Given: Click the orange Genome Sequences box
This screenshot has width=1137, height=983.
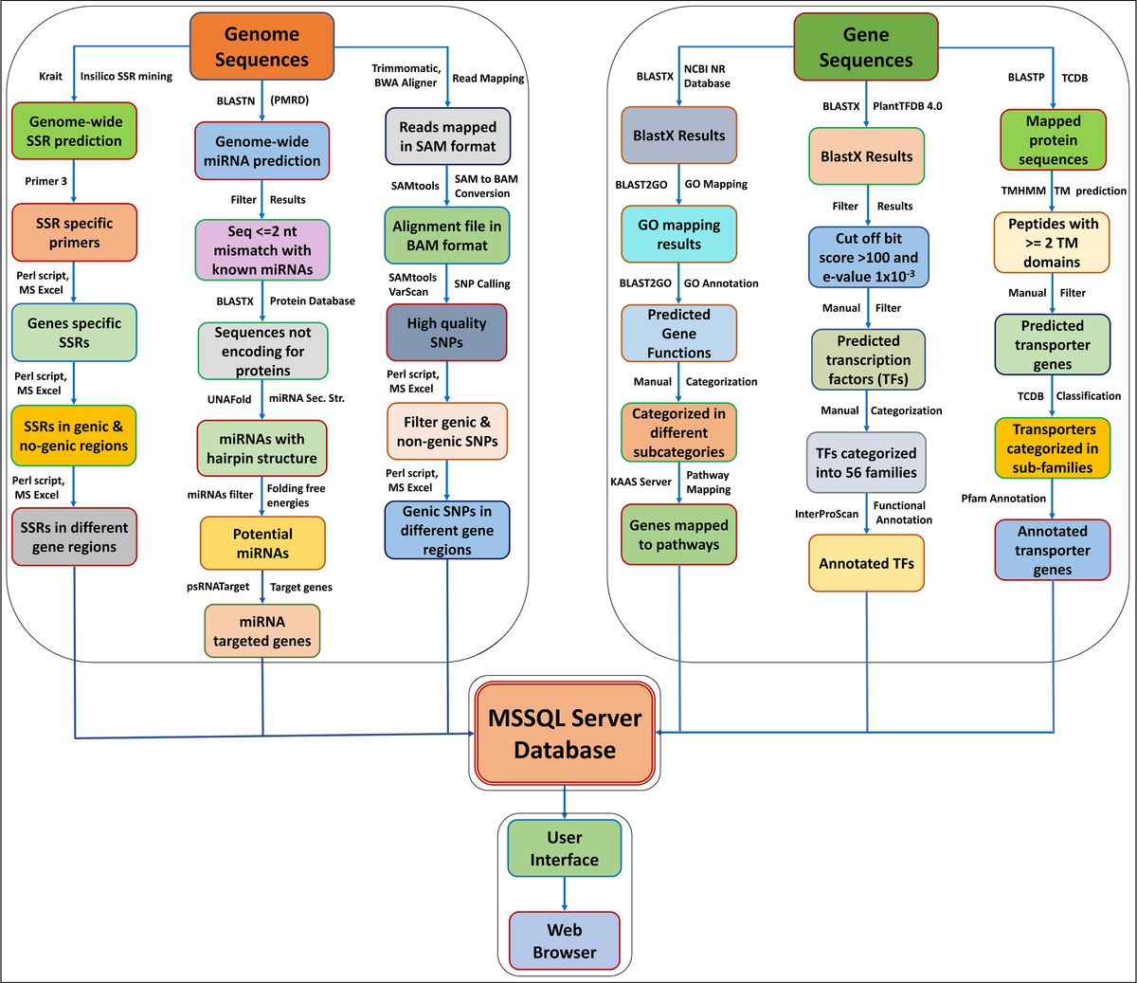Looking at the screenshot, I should tap(262, 46).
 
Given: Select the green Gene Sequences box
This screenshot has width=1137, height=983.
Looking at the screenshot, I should tap(866, 47).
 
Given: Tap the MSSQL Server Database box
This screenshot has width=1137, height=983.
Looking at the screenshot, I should tap(565, 734).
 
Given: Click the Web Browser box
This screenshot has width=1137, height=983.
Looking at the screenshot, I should tap(565, 940).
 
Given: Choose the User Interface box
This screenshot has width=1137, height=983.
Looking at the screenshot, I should tap(565, 848).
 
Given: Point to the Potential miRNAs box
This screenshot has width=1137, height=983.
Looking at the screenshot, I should tap(262, 543).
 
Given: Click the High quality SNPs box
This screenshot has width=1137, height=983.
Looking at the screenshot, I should tap(446, 333).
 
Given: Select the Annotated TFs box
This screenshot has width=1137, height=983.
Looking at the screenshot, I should tap(866, 563).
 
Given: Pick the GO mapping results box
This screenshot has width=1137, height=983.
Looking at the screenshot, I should tap(678, 234).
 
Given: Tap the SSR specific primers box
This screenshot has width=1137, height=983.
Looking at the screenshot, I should tap(74, 233).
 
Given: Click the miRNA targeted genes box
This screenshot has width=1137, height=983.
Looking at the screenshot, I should tap(262, 631).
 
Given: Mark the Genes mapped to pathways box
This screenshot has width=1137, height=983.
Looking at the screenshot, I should tap(678, 535).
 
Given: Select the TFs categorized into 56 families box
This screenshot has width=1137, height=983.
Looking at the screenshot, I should tap(866, 463).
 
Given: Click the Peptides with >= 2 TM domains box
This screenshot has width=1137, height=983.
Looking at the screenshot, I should tap(1053, 243).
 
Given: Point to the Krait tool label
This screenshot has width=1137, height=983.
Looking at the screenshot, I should tap(51, 77).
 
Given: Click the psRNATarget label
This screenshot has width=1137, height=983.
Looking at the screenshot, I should tap(218, 587).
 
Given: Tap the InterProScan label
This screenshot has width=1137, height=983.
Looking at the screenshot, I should tap(826, 514).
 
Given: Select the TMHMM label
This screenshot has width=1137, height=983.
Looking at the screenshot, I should tap(1023, 191).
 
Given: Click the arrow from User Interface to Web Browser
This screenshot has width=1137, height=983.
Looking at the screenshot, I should tap(565, 894).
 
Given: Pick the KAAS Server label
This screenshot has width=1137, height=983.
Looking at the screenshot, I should tap(641, 482).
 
